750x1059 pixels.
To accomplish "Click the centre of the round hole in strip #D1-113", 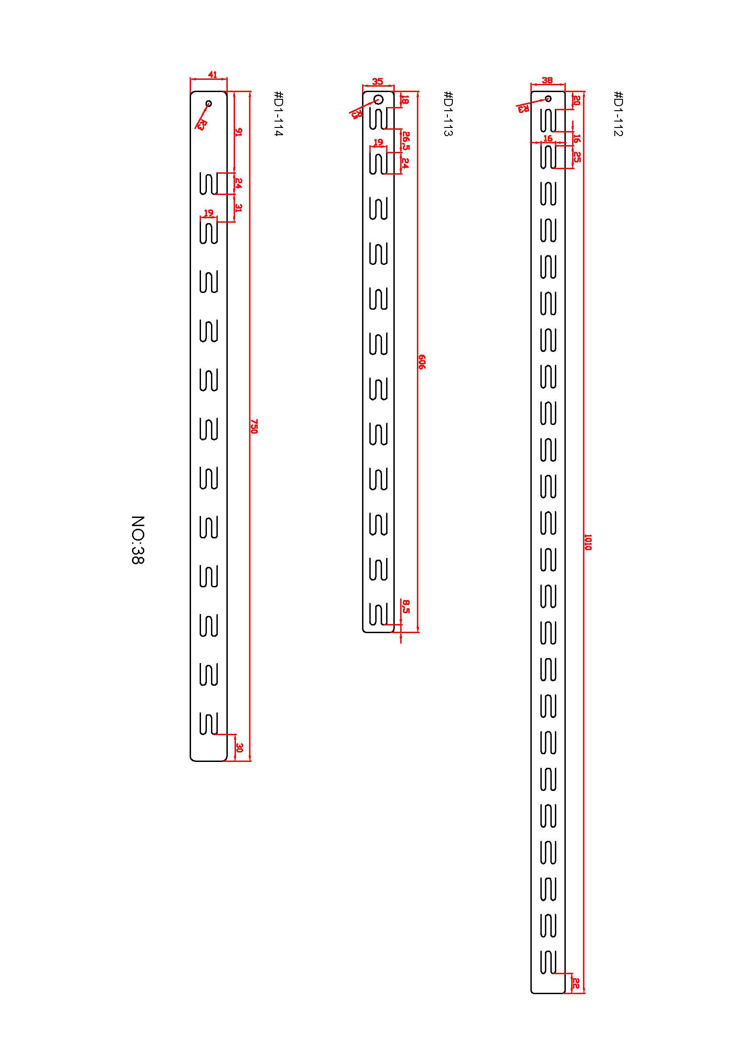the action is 379,99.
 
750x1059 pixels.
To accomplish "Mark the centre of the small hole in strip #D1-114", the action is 209,103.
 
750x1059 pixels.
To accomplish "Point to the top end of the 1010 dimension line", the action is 584,92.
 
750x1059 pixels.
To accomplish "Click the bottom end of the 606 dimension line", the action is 418,632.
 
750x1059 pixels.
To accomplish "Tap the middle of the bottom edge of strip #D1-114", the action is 209,760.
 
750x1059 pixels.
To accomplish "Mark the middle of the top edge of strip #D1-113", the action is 378,92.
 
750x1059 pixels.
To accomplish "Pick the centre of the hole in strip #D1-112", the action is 548,98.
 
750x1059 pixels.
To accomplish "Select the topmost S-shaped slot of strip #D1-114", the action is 209,183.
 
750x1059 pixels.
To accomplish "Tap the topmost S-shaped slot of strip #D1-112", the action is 548,121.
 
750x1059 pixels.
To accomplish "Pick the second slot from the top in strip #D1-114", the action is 209,232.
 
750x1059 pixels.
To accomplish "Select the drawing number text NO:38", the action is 137,540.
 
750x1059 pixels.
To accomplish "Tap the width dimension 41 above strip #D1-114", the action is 212,74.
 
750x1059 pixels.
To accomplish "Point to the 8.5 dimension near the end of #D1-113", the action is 406,606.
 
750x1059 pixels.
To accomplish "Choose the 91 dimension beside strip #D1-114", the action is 238,132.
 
